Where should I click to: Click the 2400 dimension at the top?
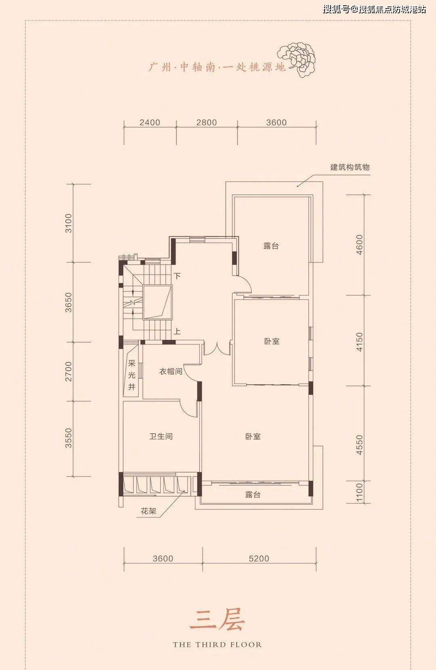[150, 122]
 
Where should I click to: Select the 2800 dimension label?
[207, 122]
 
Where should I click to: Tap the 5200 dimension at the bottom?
[259, 558]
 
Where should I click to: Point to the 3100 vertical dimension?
[69, 223]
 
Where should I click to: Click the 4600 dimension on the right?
[359, 244]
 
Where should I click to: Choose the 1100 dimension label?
[359, 493]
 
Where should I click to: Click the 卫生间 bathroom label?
[161, 436]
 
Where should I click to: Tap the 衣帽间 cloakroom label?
[170, 371]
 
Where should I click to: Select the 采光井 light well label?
[132, 375]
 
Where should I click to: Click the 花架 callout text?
[149, 511]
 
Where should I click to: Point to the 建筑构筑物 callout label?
[350, 167]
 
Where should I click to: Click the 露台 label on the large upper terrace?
[271, 246]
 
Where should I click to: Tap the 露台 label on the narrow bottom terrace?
[253, 495]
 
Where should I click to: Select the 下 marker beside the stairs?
[177, 276]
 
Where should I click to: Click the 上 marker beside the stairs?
[177, 331]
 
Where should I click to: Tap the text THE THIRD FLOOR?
[217, 645]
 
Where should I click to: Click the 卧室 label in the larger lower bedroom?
[253, 436]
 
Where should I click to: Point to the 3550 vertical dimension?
[69, 438]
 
